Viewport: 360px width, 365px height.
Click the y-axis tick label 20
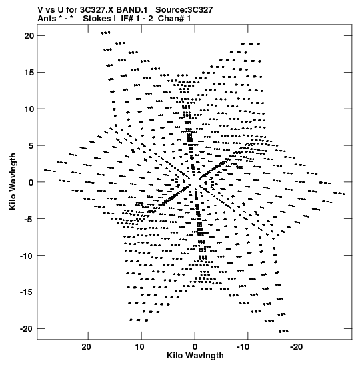click(x=29, y=36)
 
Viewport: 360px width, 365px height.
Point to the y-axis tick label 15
click(x=29, y=72)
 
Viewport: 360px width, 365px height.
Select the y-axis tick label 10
click(x=29, y=109)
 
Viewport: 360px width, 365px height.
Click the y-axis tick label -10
click(x=27, y=256)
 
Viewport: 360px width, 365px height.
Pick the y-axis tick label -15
click(x=27, y=292)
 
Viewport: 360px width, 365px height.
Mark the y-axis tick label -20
click(x=27, y=329)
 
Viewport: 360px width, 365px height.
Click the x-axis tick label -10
click(x=243, y=347)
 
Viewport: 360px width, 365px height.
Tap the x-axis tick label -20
click(x=296, y=347)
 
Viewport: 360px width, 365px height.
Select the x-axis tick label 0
click(x=195, y=347)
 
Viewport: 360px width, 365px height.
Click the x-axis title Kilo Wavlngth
click(x=195, y=356)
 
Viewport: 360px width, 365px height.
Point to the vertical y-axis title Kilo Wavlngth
click(x=13, y=181)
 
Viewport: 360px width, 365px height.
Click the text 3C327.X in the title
click(x=97, y=10)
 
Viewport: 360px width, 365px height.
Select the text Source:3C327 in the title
click(x=184, y=10)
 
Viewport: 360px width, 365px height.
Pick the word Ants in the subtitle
click(x=47, y=19)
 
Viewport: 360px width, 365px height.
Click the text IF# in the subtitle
click(x=127, y=19)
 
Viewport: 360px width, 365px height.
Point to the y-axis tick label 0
click(x=31, y=183)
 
